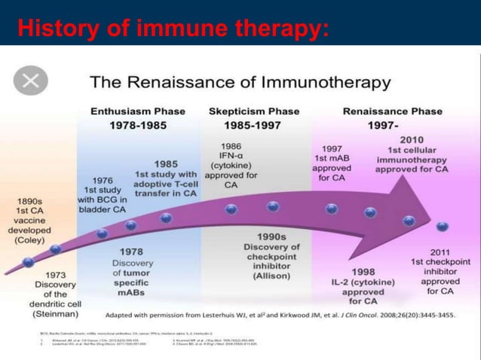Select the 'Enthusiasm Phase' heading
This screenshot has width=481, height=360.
(x=138, y=111)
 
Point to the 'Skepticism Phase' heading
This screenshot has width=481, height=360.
(x=253, y=111)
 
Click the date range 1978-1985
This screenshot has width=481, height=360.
(x=138, y=125)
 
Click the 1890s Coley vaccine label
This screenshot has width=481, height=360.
(x=30, y=221)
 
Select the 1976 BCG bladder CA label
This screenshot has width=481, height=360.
(x=103, y=194)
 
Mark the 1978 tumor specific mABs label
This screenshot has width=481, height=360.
(x=133, y=272)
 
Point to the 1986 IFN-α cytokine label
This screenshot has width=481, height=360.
(x=231, y=165)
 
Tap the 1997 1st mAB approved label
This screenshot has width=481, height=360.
(x=332, y=163)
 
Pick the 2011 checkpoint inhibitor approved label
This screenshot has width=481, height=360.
(x=440, y=272)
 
